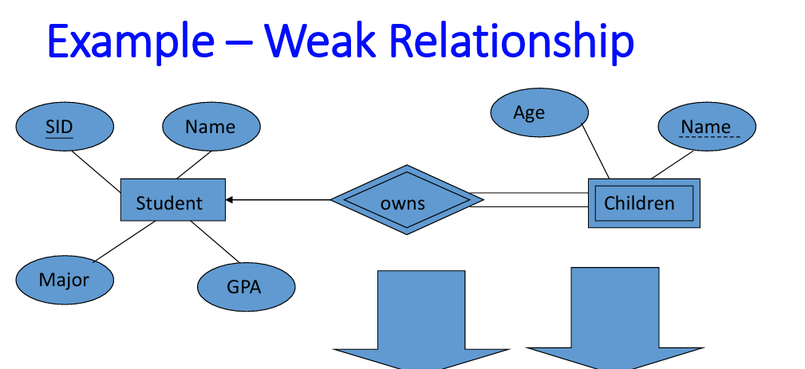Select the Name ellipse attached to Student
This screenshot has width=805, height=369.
[211, 127]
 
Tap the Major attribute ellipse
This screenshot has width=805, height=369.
[64, 280]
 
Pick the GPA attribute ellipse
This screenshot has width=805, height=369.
[245, 287]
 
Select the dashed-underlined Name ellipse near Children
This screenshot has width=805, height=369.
[706, 127]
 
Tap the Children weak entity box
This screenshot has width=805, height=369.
[643, 203]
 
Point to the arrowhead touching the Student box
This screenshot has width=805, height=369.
[230, 200]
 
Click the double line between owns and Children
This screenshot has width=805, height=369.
[531, 200]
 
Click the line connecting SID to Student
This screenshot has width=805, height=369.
[97, 169]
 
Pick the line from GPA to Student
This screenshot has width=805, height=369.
[215, 242]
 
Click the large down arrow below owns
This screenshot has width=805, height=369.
[420, 319]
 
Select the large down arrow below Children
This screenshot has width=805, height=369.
[614, 319]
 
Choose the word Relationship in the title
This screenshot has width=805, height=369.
[511, 41]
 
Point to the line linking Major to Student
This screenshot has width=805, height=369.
[124, 241]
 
